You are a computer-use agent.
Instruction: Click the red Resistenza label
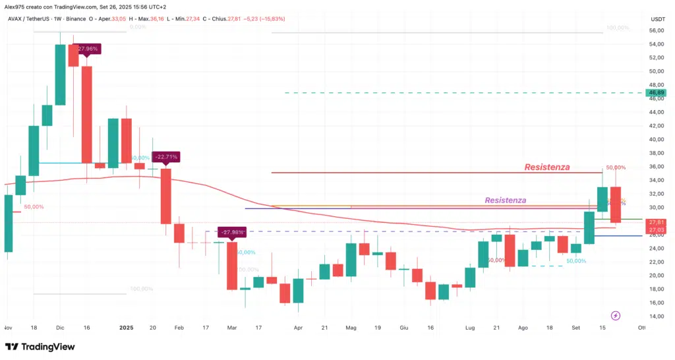(547, 167)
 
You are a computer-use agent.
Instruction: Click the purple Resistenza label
(505, 200)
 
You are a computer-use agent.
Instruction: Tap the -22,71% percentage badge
(165, 157)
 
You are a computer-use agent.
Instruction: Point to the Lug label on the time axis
(470, 327)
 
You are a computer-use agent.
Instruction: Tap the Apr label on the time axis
(298, 327)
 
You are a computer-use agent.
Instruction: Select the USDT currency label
(657, 19)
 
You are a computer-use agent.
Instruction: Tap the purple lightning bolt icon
(616, 316)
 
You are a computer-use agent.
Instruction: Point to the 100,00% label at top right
(618, 28)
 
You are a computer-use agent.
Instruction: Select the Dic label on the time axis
(60, 327)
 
